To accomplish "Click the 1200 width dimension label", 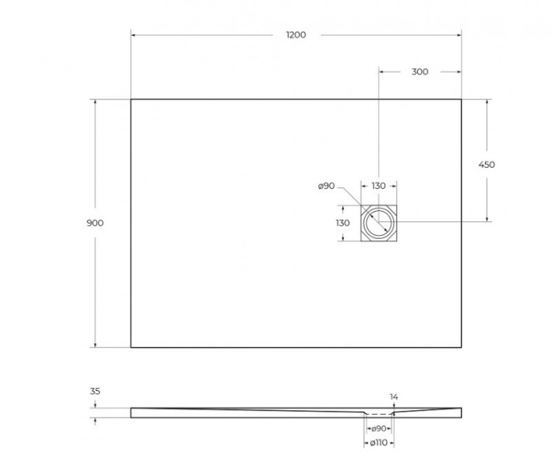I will click(x=296, y=35).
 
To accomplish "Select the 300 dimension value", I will click(x=419, y=71).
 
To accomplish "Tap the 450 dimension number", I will click(x=486, y=165).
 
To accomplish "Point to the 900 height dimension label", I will click(x=95, y=223).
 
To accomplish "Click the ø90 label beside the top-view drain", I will click(x=326, y=186).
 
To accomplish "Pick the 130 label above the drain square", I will click(x=378, y=186).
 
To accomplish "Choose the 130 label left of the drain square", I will click(x=342, y=223).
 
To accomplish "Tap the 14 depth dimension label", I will click(x=394, y=397).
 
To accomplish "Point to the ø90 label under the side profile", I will click(x=378, y=428).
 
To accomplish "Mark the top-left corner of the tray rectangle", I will click(x=131, y=99).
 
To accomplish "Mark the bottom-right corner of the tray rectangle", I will click(x=461, y=347).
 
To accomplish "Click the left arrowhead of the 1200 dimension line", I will click(x=133, y=34).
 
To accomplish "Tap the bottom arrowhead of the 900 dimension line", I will click(x=95, y=345).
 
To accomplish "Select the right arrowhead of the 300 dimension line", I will click(x=459, y=71).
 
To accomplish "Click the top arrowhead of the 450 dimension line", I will click(x=486, y=101).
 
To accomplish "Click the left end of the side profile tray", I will click(x=132, y=412).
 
